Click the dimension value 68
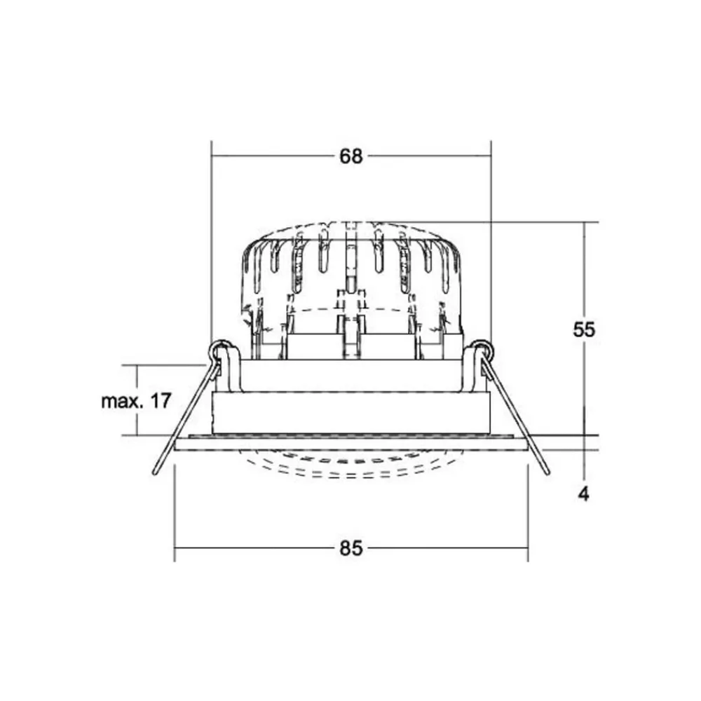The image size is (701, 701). click(351, 156)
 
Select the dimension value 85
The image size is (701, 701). click(351, 548)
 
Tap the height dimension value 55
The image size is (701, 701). click(584, 329)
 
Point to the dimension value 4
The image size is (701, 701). click(583, 494)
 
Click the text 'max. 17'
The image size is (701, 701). click(136, 402)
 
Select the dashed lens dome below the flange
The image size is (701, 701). click(350, 466)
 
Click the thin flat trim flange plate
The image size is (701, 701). click(350, 443)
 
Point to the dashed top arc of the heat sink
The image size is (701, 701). click(350, 224)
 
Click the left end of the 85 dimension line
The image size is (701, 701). click(175, 548)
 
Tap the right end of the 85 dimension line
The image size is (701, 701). click(527, 548)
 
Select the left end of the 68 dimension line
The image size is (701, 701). click(212, 156)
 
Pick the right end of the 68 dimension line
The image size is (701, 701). click(491, 156)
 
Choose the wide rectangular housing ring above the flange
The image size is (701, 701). click(350, 413)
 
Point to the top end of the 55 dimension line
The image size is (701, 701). click(584, 223)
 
